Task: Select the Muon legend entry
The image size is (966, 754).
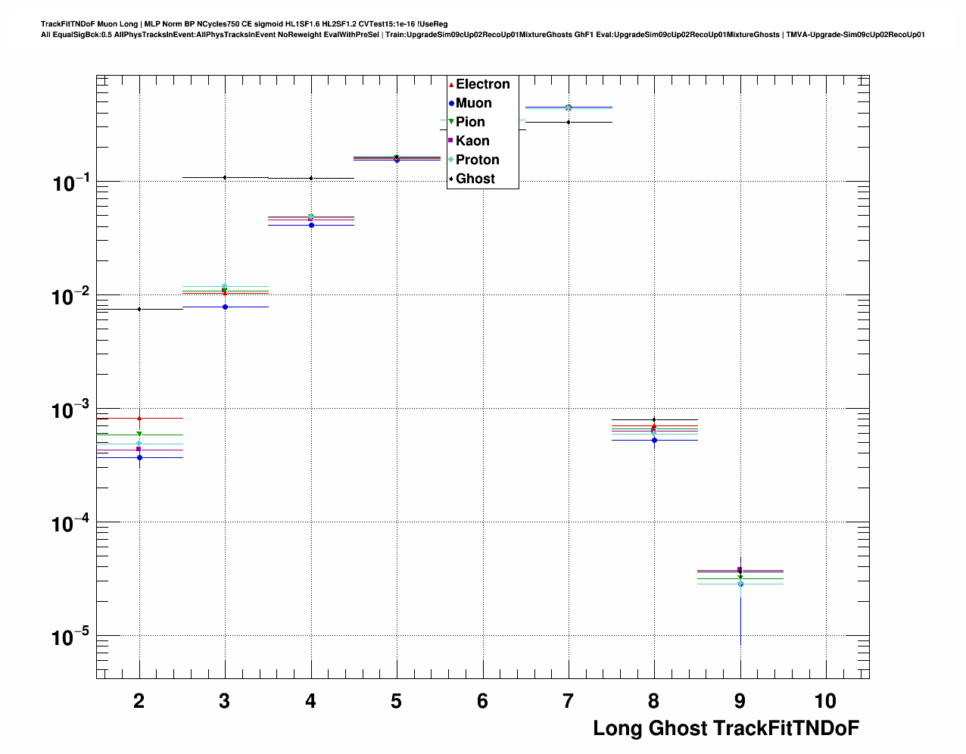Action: pos(473,103)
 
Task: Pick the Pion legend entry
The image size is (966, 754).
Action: pos(470,122)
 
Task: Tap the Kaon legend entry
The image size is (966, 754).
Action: pos(472,141)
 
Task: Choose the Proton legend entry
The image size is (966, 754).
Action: pos(477,160)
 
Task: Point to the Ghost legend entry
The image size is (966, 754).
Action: pos(475,179)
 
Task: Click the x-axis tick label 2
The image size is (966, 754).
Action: pos(139,701)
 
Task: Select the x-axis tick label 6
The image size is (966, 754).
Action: pos(482,701)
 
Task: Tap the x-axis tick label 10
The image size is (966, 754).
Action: pos(825,701)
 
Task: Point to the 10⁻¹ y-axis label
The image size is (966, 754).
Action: pos(70,182)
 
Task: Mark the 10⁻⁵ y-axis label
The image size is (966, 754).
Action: pos(70,637)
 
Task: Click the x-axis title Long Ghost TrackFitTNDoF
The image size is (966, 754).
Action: pos(725,728)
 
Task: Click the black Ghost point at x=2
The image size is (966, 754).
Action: pos(139,309)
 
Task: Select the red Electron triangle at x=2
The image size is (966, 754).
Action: pos(139,418)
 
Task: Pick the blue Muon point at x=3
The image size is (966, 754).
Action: pos(225,307)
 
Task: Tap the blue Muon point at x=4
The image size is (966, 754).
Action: pos(311,225)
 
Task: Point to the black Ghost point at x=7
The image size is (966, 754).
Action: pos(569,122)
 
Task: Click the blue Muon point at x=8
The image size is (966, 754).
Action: pos(654,440)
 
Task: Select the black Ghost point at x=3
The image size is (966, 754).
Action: pos(225,177)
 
